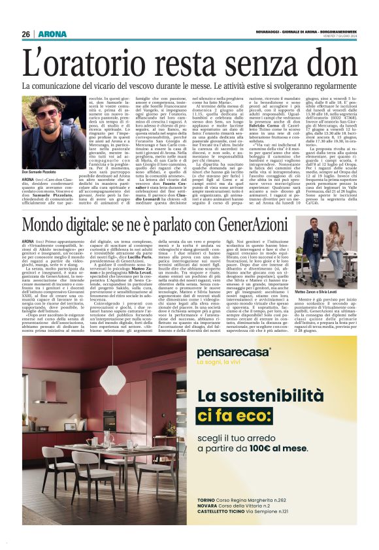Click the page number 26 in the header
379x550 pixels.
26,16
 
